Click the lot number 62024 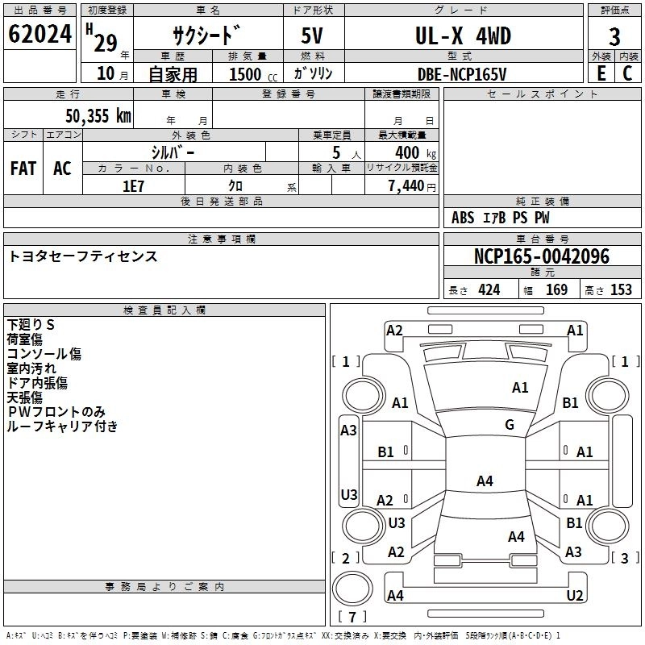coord(40,36)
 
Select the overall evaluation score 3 coord(614,36)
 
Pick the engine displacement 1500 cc coord(248,74)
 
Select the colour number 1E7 coord(133,185)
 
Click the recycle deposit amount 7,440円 coord(412,185)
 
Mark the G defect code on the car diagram coord(510,425)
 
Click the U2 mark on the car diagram coord(575,595)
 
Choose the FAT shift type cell coord(23,169)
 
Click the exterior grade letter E coord(601,73)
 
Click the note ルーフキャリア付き coord(62,427)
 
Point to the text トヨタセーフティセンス coord(83,256)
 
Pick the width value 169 coord(556,289)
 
